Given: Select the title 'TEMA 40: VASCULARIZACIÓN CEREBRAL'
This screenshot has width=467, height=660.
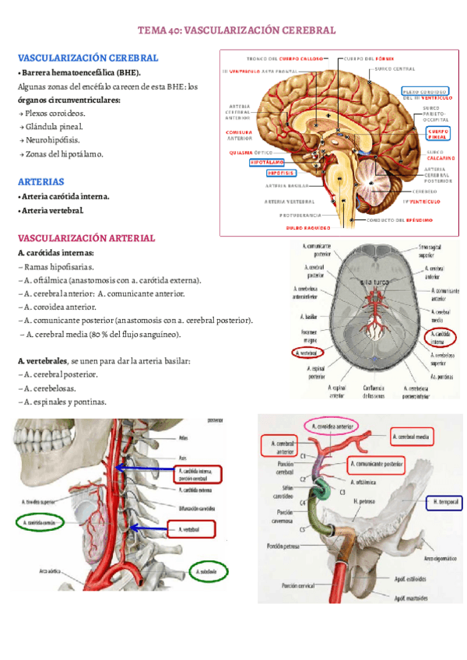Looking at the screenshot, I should tap(237, 30).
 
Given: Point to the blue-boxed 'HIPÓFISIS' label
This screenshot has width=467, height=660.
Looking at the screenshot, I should tap(280, 174).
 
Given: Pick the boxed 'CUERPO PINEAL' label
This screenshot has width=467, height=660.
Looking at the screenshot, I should tap(437, 134).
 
